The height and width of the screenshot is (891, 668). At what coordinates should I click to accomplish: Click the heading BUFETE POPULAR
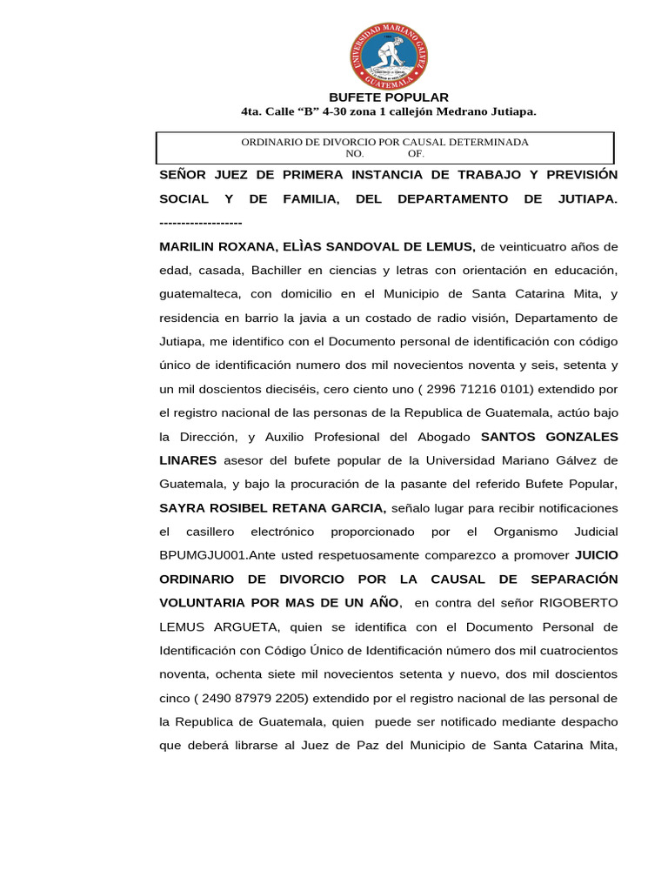point(388,97)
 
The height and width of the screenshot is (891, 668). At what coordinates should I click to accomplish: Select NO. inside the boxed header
point(355,153)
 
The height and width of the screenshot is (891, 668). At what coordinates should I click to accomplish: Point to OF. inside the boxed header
point(416,153)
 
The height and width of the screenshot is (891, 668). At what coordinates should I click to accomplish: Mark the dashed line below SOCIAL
point(201,224)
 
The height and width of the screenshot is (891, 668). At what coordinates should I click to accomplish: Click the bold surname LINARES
point(189,459)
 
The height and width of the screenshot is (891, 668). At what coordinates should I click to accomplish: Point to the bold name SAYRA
point(181,507)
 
